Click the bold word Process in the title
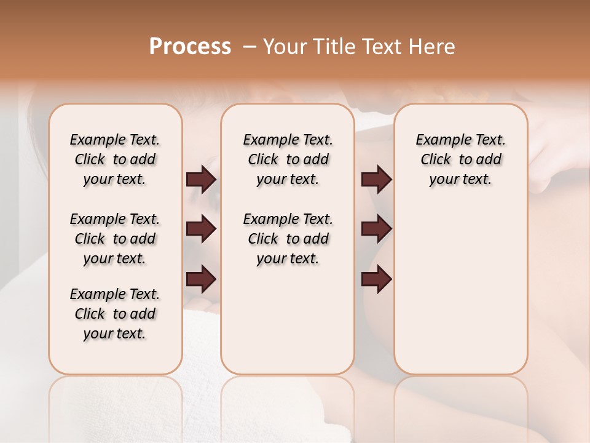[x=190, y=47]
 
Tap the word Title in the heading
[x=333, y=47]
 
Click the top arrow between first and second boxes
[x=201, y=180]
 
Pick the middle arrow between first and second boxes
[x=201, y=229]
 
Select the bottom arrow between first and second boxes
[x=201, y=279]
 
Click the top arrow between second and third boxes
[x=376, y=180]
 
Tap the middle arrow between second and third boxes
[x=376, y=229]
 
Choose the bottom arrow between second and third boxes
[x=376, y=279]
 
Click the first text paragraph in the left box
[x=115, y=159]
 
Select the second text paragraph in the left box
[x=115, y=239]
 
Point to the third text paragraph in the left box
[x=115, y=314]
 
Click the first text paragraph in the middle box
[x=288, y=159]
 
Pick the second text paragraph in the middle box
[x=288, y=239]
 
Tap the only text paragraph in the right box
[x=460, y=159]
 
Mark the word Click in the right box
[x=436, y=160]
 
